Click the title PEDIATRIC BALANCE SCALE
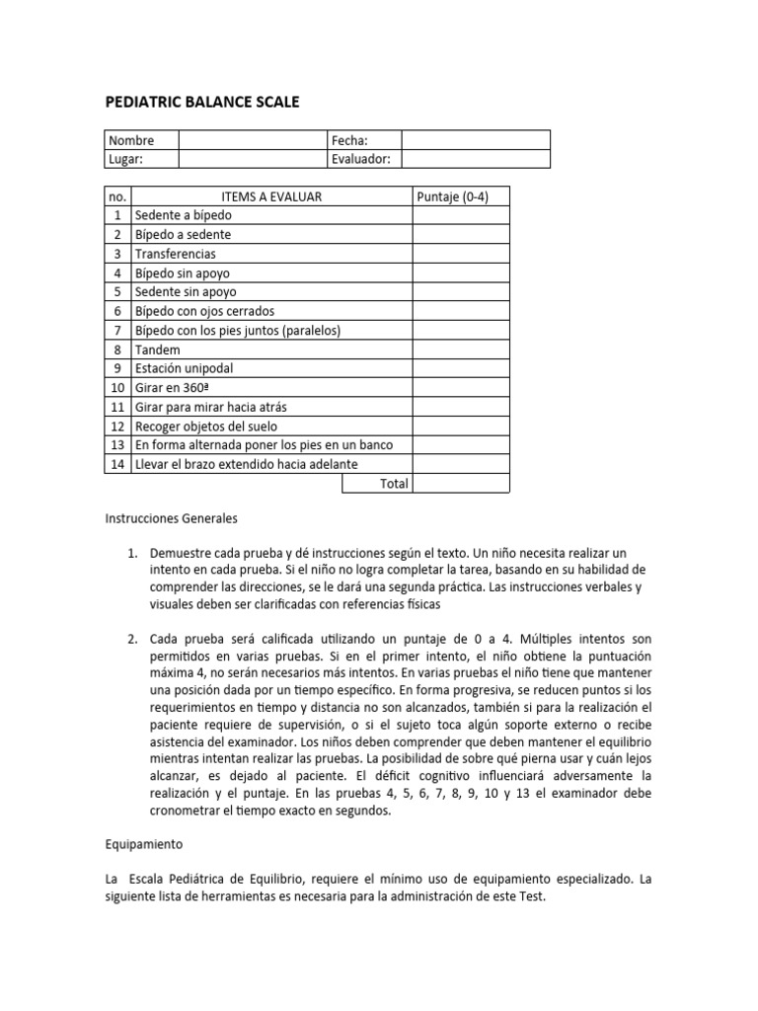coord(201,102)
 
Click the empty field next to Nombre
coord(252,140)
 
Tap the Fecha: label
coord(349,140)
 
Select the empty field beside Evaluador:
coord(475,159)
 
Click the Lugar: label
coord(125,159)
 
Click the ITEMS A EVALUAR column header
coord(271,196)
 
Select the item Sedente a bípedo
coord(184,215)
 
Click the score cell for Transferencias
coord(461,254)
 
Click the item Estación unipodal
coord(187,368)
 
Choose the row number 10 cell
coord(117,387)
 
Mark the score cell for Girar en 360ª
coord(461,387)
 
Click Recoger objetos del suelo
coord(208,426)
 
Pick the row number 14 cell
coord(117,464)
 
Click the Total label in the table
coord(393,484)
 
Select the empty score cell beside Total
coord(461,484)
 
